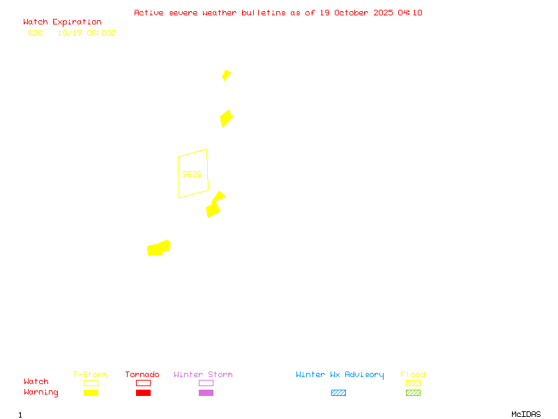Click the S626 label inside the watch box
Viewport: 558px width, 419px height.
192,174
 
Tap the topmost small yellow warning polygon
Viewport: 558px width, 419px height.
226,75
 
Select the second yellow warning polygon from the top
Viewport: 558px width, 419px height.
226,118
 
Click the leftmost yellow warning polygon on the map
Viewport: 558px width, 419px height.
158,248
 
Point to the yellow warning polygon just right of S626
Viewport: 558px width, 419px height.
215,205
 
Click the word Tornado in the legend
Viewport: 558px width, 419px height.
142,375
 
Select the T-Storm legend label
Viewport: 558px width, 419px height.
90,375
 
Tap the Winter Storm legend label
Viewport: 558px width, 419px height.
203,375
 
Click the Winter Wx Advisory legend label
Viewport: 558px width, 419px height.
340,375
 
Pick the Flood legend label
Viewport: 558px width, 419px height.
413,375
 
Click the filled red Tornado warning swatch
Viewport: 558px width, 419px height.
143,392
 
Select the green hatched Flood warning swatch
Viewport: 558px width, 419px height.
413,392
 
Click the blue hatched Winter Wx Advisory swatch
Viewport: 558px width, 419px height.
338,392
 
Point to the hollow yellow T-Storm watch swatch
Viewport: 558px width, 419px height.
91,383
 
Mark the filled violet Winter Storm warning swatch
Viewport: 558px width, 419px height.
206,392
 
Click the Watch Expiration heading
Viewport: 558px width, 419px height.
62,22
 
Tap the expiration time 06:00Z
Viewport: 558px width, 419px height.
102,33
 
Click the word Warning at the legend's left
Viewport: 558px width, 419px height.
41,392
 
